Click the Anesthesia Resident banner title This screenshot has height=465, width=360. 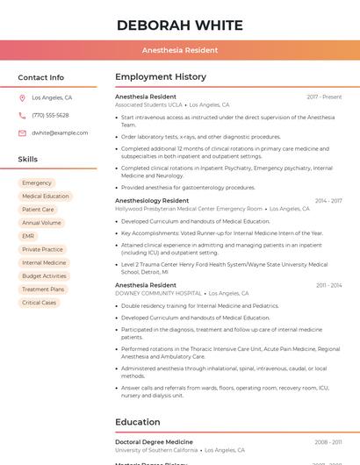pos(180,50)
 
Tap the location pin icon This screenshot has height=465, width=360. pos(22,98)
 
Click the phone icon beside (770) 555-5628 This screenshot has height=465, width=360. pos(22,115)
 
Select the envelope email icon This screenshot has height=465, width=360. pos(22,133)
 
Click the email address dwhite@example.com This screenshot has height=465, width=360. pos(60,133)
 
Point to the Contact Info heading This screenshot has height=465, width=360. pos(41,77)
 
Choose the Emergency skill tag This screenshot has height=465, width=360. pos(37,183)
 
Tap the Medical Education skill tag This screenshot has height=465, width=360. pos(46,197)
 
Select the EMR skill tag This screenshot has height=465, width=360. pos(29,236)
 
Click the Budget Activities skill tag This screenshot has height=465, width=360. pos(44,276)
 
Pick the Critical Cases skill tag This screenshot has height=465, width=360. pos(39,303)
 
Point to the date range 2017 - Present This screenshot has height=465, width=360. pos(324,97)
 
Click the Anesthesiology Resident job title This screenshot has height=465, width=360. pos(152,201)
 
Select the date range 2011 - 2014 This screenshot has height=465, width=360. pos(329,285)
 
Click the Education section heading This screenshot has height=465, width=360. pos(138,422)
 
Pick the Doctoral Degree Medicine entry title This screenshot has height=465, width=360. pos(154,442)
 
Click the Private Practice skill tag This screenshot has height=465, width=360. pos(42,249)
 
